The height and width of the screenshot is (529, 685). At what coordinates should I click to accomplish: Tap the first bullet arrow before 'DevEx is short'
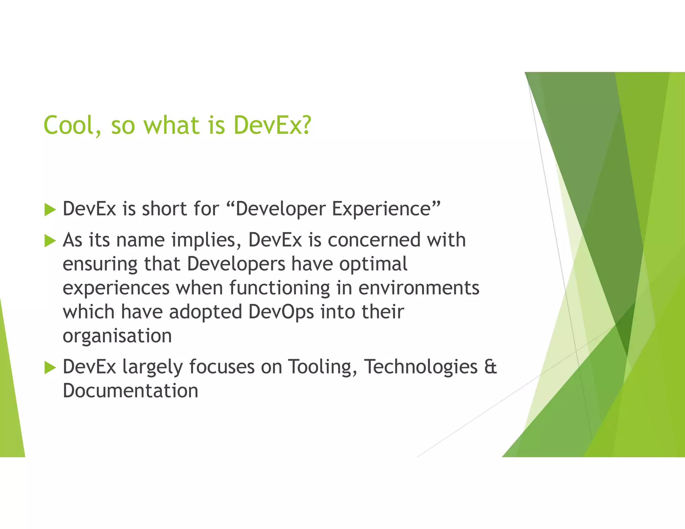pos(50,210)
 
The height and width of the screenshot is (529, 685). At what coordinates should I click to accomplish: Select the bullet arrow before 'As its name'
pos(50,241)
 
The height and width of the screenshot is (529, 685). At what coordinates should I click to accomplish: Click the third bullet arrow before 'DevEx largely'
pos(50,368)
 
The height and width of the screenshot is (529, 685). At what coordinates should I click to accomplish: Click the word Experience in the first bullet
pos(381,209)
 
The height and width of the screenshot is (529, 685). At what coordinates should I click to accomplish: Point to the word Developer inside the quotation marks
pos(280,209)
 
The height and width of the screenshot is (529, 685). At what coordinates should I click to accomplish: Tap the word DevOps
pos(281,312)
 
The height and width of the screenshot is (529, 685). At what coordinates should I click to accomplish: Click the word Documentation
pos(130,391)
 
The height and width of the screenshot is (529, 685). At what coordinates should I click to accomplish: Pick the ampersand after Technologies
pos(490,366)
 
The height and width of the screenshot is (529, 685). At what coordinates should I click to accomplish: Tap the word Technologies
pos(421,367)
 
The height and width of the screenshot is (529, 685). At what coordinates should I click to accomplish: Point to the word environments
pos(419,288)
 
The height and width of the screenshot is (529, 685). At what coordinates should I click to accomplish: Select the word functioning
pos(280,288)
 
